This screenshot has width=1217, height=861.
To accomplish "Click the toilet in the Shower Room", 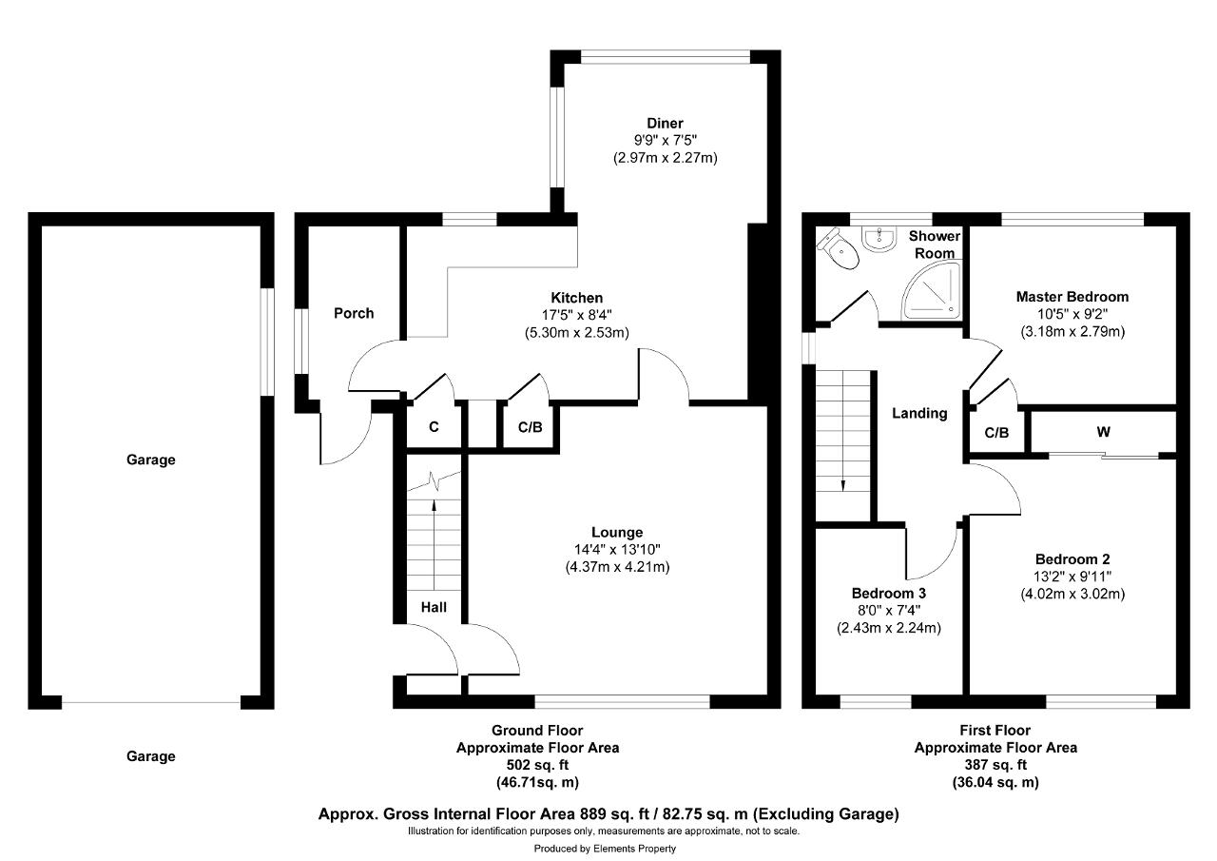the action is (x=840, y=249).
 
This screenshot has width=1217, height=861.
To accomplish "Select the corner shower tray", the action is (x=931, y=291).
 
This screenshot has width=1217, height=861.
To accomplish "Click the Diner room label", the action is (x=665, y=123).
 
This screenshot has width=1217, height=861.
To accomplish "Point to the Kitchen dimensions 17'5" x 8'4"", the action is (x=577, y=315).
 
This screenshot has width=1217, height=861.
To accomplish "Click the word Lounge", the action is (x=617, y=532).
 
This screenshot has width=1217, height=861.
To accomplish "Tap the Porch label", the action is (x=354, y=313).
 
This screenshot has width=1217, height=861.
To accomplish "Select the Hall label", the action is (x=434, y=607).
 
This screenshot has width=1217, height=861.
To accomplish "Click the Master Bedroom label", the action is (x=1072, y=297).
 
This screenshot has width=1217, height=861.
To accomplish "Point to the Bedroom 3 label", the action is (x=889, y=593).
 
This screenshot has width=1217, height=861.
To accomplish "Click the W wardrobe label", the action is (x=1104, y=432).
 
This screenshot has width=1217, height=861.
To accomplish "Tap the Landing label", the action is (x=919, y=414).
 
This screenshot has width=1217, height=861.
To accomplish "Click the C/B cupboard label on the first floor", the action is (x=997, y=433).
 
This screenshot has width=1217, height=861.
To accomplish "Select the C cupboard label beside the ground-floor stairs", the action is (x=434, y=427).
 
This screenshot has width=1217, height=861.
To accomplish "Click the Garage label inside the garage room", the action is (x=151, y=460).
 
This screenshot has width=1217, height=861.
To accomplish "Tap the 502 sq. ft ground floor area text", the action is (x=537, y=765).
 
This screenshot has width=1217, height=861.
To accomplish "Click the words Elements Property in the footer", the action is (x=634, y=849).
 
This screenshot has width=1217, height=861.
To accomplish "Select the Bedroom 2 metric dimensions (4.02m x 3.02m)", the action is (x=1072, y=594).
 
